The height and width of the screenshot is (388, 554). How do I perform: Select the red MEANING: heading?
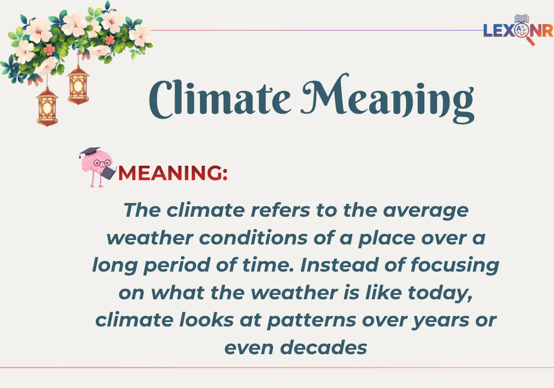(x=173, y=173)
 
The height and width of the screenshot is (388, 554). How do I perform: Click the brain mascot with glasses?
(x=97, y=166)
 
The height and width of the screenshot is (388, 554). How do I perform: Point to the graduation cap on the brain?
(x=89, y=152)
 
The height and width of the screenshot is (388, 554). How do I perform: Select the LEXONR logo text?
(x=517, y=30)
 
